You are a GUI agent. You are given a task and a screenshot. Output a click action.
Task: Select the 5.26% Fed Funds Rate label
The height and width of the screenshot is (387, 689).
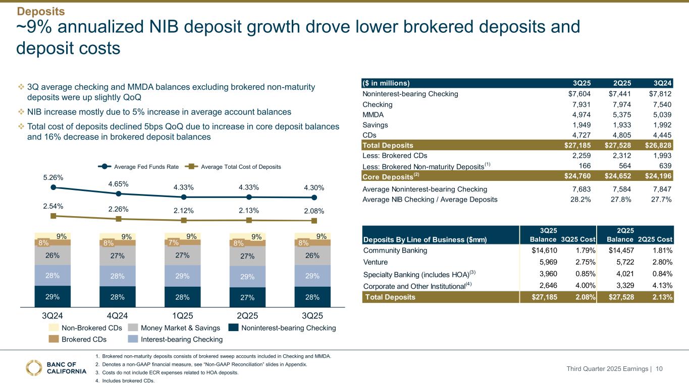coord(52,177)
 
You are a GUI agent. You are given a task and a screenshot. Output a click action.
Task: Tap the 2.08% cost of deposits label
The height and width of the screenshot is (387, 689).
coord(314,211)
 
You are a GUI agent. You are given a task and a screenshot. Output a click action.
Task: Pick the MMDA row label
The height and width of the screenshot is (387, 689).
coord(373,115)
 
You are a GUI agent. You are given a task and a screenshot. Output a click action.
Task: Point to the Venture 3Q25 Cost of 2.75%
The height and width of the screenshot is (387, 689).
coord(580,262)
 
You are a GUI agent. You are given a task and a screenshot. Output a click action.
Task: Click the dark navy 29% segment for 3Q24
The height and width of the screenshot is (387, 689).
coord(52,297)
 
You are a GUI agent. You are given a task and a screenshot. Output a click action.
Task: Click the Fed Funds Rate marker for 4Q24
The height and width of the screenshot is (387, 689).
coord(118,193)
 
